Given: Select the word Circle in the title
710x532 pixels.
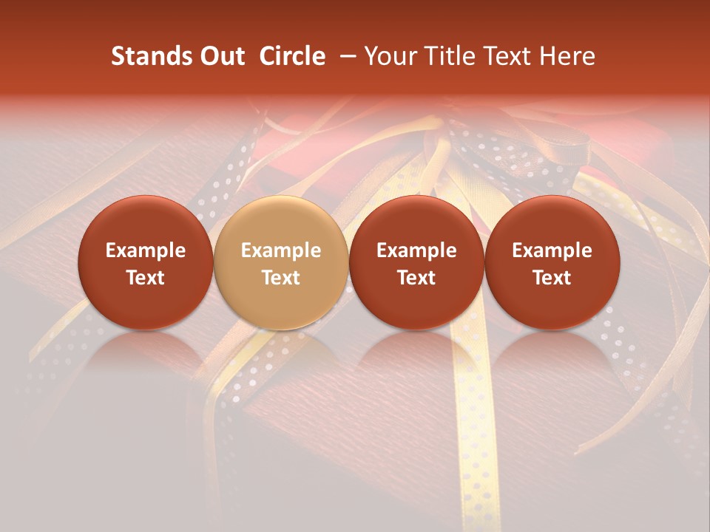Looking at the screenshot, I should point(292,56).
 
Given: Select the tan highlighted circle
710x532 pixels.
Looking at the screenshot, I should point(280,262).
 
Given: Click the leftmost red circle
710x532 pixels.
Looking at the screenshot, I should point(145,262).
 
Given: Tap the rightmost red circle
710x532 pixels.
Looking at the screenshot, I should point(552,262).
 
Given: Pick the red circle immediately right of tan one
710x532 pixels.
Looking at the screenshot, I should point(416,262).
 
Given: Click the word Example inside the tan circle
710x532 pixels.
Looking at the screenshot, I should point(280,250).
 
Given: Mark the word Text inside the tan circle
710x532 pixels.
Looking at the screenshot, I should point(280,278).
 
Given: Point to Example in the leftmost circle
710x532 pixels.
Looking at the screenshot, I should point(145,250).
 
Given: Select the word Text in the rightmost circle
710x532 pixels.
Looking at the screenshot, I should point(552,278).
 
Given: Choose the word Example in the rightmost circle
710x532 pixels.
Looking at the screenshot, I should point(552,250).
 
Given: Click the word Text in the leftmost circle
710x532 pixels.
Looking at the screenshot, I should point(145,278).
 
